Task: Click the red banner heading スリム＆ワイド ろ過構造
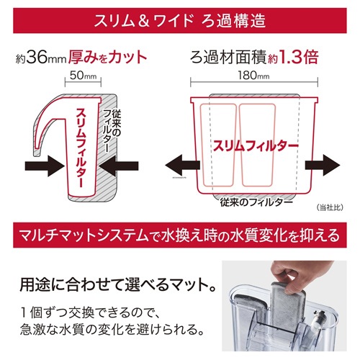point(180,20)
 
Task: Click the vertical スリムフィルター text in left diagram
point(81,148)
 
